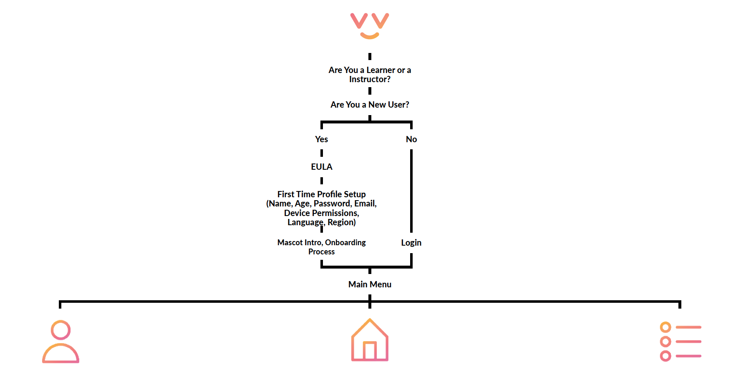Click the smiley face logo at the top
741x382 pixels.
tap(370, 25)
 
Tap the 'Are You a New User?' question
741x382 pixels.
tap(370, 105)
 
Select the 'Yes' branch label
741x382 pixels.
tap(321, 139)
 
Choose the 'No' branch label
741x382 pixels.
tap(411, 139)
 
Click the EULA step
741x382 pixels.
tap(321, 167)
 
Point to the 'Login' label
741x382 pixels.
tap(411, 243)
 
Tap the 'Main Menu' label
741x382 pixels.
tap(370, 284)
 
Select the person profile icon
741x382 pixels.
tap(60, 342)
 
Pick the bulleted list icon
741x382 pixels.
tap(680, 342)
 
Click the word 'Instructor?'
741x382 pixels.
tap(370, 80)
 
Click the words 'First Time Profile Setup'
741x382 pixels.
tap(321, 194)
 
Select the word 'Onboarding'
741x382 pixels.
tap(345, 243)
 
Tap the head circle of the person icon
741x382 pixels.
tap(60, 330)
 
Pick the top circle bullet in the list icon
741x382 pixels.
tap(665, 327)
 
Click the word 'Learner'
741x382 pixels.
tap(381, 70)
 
